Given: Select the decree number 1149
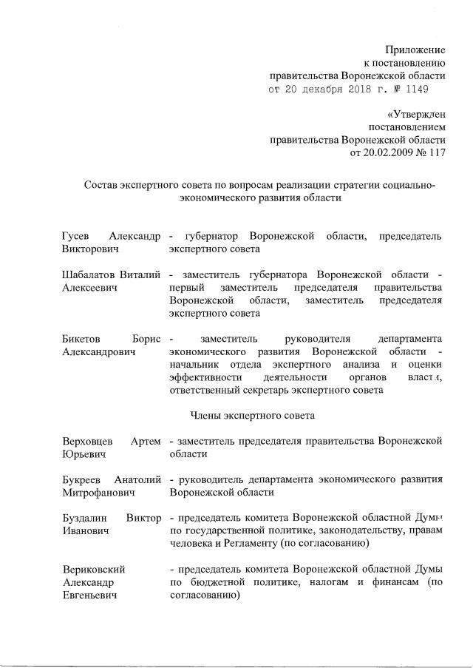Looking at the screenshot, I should tap(414, 89).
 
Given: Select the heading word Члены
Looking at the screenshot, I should tap(208, 415).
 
